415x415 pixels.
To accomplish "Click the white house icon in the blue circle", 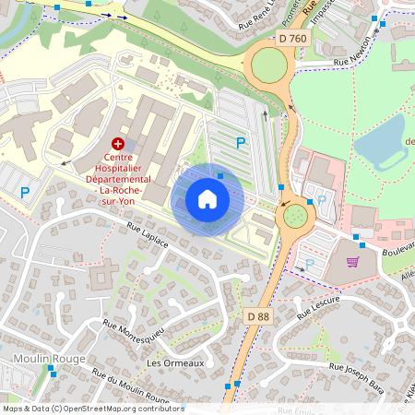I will point(207,199).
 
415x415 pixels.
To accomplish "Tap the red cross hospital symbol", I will point(117,144).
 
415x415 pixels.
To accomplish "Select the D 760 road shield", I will point(292,38).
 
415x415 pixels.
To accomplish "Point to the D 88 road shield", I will point(259,316).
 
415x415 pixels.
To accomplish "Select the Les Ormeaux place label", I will point(174,363).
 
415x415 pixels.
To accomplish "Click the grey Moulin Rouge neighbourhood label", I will point(49,359).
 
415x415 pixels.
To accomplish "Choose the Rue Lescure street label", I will point(320,305).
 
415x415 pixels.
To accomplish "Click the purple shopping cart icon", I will point(352,262).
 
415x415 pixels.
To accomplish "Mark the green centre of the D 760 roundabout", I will point(268,65).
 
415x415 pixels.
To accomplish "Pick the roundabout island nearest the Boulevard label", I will point(295,216).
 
